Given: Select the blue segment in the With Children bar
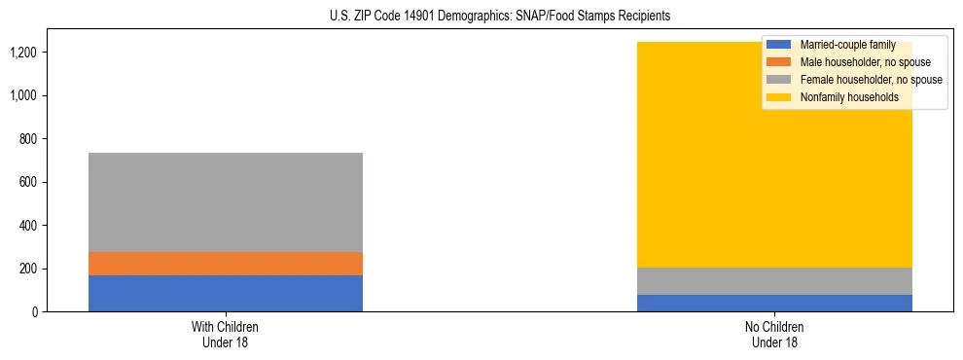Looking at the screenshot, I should [226, 293].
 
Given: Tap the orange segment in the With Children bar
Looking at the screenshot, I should [226, 264].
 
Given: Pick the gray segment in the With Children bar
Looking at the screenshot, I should [226, 202].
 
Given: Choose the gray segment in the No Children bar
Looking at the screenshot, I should [774, 281].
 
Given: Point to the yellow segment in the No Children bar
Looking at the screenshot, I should [681, 156].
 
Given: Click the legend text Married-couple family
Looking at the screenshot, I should [847, 45].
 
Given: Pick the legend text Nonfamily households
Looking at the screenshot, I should [842, 97].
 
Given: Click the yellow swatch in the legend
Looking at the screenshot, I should [779, 97].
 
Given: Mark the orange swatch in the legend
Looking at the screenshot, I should [779, 62].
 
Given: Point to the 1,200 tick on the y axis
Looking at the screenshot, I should [23, 53].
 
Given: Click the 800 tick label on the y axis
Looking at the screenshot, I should [28, 139].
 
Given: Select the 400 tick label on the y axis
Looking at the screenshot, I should [28, 226].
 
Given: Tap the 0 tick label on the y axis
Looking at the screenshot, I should [34, 312].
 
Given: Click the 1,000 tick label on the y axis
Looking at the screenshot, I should [23, 95].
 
